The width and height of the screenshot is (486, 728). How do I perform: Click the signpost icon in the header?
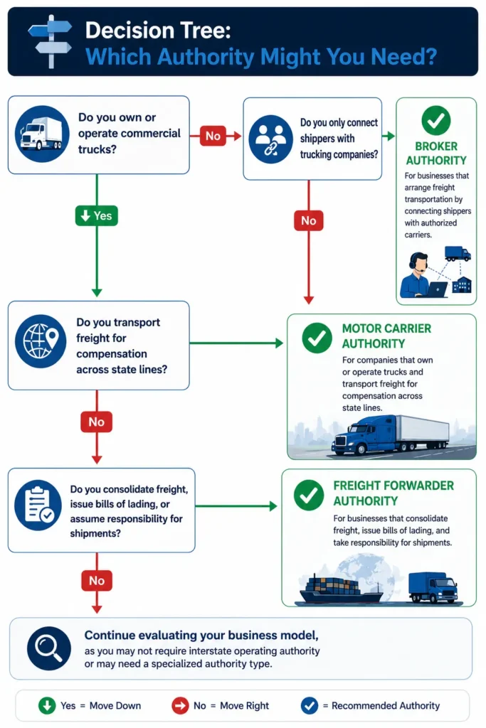(x=51, y=41)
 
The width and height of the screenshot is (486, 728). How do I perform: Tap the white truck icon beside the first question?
(x=41, y=134)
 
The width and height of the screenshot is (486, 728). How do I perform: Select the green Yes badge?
(x=97, y=216)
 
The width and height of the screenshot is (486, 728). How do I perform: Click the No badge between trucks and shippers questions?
(x=213, y=136)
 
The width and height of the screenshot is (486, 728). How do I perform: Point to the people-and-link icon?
(x=271, y=139)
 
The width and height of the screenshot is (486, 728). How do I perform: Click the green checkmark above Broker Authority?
(x=435, y=121)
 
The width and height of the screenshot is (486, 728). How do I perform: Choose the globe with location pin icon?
(x=41, y=341)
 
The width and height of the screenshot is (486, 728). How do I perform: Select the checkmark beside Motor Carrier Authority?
(x=317, y=338)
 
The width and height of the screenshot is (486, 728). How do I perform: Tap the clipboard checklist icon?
(x=38, y=505)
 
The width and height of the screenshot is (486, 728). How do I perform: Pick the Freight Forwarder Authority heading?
(x=393, y=493)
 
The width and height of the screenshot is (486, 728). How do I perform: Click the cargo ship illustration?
(x=342, y=589)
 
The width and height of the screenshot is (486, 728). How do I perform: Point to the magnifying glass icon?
(x=49, y=648)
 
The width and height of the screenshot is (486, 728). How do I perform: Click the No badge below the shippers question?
(x=309, y=220)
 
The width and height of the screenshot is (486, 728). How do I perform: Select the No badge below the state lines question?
(x=97, y=422)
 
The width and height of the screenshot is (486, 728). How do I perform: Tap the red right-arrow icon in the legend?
(x=180, y=706)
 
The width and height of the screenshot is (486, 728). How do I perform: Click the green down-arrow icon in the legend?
(x=47, y=706)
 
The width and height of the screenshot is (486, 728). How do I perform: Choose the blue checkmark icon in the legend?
(x=310, y=706)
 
